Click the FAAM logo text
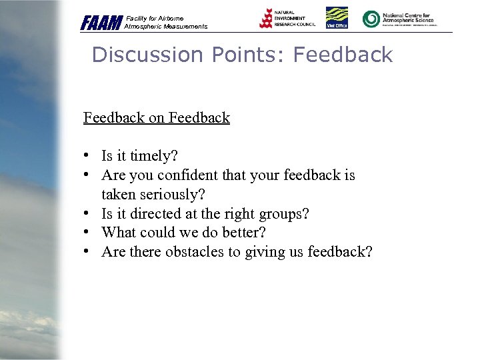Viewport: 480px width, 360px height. tap(101, 23)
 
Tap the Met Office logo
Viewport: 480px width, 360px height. tap(336, 18)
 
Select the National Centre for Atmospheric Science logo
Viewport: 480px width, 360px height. tap(399, 19)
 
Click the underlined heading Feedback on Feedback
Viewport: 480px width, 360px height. tap(157, 118)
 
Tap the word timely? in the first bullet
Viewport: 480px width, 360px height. tap(154, 156)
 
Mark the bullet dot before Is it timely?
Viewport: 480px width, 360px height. tap(87, 155)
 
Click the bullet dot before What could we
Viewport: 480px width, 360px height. tap(87, 232)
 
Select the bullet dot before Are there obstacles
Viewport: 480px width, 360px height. tap(87, 251)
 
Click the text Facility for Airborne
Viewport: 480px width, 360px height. tap(154, 18)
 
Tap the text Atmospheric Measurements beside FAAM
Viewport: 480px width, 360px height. tap(166, 27)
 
